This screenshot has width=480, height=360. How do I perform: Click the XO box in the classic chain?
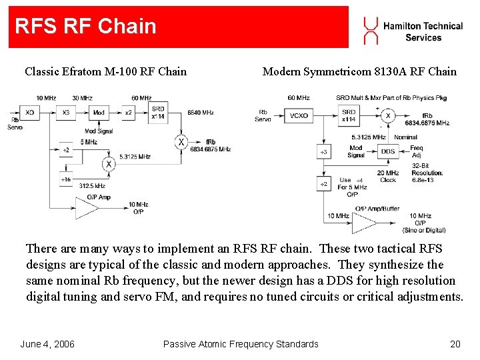30,113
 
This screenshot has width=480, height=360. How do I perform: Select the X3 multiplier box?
65,113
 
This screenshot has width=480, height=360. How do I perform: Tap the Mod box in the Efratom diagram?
99,113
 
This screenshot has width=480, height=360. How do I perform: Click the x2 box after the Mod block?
128,113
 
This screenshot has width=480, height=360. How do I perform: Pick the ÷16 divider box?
65,179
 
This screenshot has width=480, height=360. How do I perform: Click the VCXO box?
299,115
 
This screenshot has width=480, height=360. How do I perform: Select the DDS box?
387,151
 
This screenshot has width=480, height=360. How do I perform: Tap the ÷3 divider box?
324,152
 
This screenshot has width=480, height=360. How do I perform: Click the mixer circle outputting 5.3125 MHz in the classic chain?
107,164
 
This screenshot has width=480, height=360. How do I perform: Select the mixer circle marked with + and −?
387,115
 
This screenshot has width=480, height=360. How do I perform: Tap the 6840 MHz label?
201,113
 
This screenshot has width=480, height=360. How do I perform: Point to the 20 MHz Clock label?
388,177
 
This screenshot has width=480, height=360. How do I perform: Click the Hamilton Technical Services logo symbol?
371,31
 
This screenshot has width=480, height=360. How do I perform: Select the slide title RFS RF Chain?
85,27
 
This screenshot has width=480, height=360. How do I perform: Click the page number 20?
455,344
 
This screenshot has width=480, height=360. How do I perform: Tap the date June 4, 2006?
47,344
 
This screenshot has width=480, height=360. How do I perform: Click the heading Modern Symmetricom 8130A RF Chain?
359,71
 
